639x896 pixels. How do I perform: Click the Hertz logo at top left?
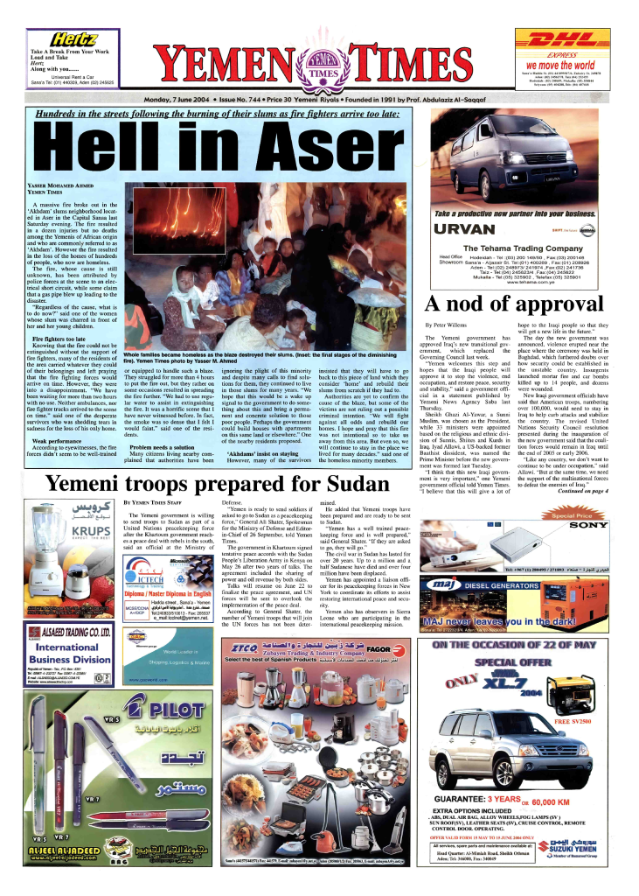coord(75,38)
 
